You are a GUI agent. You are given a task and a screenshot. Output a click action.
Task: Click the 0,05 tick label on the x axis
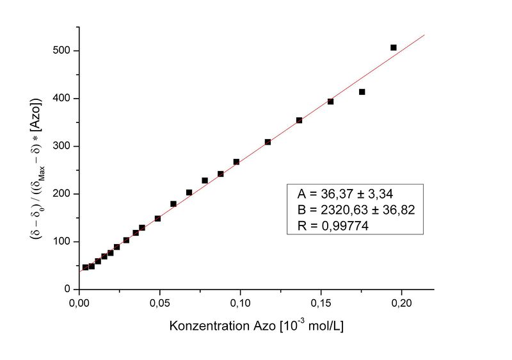tap(159, 302)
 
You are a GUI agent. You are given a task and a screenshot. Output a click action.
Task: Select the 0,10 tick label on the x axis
tap(240, 302)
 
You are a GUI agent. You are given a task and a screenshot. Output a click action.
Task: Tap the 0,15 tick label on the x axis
tap(321, 302)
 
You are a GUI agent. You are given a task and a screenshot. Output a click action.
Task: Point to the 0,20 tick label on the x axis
tap(401, 302)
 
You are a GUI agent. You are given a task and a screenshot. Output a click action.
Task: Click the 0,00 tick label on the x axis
tap(79, 302)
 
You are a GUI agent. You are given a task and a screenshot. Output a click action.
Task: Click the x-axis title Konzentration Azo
tap(257, 326)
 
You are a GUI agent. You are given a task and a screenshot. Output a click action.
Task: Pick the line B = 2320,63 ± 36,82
tap(353, 209)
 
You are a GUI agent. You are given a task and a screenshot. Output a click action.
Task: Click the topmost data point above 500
tap(394, 47)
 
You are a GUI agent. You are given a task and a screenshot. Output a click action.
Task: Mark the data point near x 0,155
tap(331, 101)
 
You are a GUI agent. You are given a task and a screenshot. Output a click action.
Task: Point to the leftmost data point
tap(85, 267)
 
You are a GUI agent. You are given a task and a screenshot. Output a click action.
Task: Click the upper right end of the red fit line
tap(424, 35)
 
